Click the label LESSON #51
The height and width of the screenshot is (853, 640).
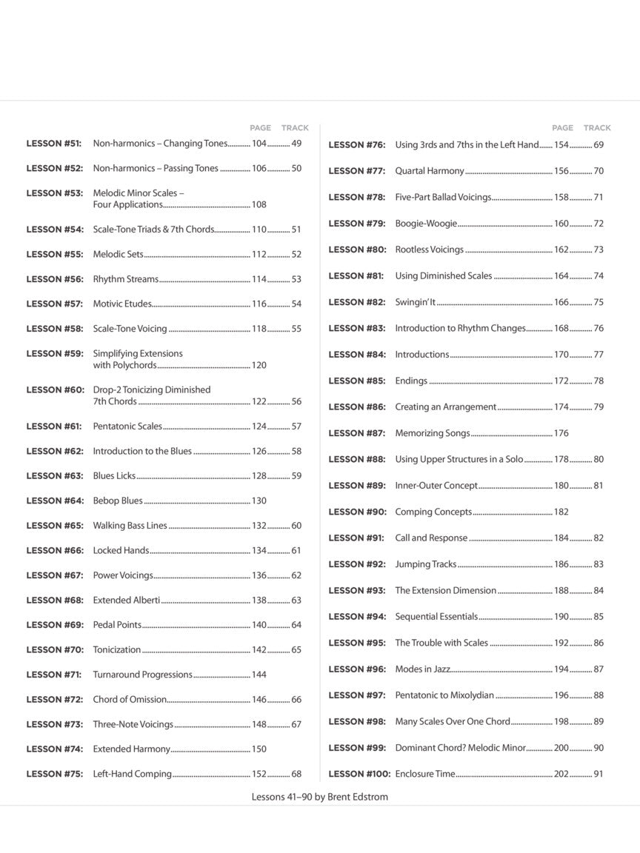pos(53,144)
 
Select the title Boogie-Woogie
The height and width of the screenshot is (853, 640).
pos(426,224)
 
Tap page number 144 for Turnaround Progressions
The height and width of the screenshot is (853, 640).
pos(259,675)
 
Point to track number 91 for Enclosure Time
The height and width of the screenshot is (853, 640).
pos(599,774)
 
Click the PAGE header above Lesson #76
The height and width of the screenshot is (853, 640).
pos(562,128)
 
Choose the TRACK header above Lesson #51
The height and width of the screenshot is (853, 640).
pos(295,128)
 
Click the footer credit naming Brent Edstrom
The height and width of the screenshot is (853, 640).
pos(320,797)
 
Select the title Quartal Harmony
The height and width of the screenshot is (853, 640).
pos(430,171)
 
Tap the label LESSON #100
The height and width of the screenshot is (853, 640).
pos(359,774)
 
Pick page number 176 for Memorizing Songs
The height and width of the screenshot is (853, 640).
pos(561,433)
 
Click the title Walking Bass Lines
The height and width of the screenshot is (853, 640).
pos(130,526)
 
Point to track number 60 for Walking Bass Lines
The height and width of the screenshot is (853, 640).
pos(296,526)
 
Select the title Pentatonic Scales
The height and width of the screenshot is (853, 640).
pos(127,426)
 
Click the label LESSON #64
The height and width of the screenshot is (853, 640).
pos(55,501)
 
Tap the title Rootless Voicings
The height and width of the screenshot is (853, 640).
pos(430,250)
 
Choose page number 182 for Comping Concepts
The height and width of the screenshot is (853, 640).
pos(561,512)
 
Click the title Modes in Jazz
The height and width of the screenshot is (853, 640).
pos(422,669)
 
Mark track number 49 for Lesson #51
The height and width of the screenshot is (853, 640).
pos(296,144)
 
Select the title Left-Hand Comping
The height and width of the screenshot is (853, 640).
pos(132,774)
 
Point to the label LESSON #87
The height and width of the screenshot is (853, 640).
pos(357,433)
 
